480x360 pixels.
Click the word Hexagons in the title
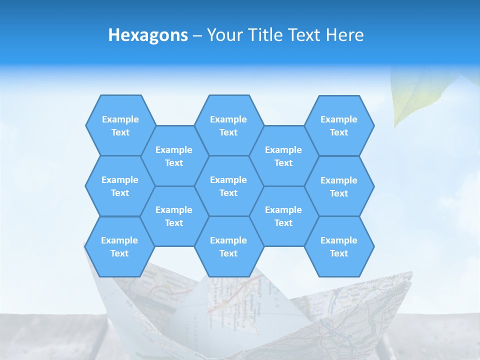click(x=148, y=35)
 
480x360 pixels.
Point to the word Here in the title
click(x=344, y=35)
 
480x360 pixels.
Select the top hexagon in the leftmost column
click(x=120, y=125)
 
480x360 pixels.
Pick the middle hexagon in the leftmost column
click(x=120, y=186)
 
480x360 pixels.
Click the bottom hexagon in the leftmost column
click(x=119, y=246)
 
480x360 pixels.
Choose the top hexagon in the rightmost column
click(x=339, y=125)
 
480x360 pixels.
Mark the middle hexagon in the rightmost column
click(x=339, y=186)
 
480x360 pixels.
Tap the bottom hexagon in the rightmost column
click(x=339, y=246)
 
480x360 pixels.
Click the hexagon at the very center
click(x=228, y=186)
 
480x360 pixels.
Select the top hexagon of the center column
click(x=228, y=125)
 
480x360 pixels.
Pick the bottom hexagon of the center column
click(x=228, y=246)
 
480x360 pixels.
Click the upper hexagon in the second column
click(x=174, y=156)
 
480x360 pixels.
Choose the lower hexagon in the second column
click(x=174, y=216)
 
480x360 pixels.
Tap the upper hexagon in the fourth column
click(x=283, y=156)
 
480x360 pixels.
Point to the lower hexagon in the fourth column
click(x=283, y=216)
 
